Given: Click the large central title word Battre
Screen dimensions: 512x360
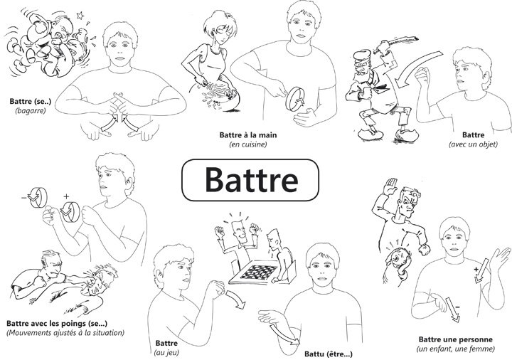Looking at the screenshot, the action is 252,180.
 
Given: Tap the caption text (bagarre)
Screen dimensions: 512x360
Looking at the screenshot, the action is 31,111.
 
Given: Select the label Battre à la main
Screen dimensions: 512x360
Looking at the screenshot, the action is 248,135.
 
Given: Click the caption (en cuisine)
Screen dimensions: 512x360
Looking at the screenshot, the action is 248,144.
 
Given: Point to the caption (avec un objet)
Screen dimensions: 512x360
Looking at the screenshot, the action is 473,144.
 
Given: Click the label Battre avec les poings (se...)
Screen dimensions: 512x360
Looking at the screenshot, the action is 57,324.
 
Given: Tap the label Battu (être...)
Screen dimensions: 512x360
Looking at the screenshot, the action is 328,354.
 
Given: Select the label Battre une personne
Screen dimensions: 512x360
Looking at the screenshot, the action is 455,340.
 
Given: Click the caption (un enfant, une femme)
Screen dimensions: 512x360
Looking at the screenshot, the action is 455,349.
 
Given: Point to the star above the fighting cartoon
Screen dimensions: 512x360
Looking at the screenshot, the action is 80,16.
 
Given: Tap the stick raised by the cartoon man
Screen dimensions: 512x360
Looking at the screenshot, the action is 396,44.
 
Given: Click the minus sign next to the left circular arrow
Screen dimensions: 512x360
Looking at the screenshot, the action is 24,197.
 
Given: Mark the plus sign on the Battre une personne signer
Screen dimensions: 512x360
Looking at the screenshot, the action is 476,270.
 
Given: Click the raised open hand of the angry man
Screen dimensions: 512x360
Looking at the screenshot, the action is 390,186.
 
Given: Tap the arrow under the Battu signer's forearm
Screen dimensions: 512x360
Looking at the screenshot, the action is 284,334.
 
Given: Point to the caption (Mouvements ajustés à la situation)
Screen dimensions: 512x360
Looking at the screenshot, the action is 65,333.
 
